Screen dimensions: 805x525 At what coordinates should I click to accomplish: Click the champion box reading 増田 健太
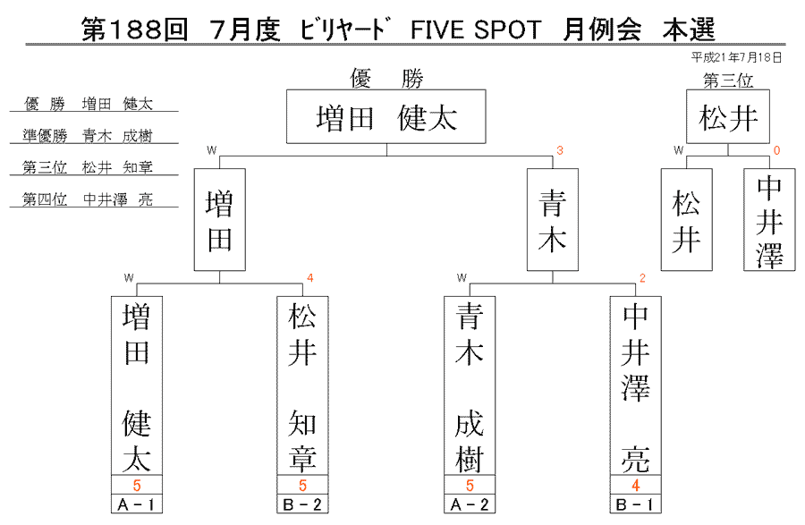click(x=386, y=116)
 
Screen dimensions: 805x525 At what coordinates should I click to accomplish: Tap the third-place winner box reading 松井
click(x=728, y=116)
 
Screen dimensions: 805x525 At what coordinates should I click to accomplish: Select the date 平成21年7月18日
click(x=737, y=57)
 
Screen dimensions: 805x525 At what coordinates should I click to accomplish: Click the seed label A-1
click(x=137, y=504)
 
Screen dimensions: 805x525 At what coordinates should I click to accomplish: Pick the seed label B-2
click(x=302, y=504)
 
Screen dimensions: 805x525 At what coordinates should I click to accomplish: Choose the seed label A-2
click(x=470, y=504)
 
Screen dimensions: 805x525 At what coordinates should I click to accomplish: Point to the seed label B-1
click(x=636, y=504)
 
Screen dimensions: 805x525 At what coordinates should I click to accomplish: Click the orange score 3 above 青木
click(x=560, y=150)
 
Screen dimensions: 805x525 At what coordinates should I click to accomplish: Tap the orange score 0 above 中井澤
click(x=776, y=150)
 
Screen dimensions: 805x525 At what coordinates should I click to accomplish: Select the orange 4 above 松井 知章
click(x=310, y=278)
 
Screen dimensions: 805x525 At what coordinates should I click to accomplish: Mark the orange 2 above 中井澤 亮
click(x=642, y=278)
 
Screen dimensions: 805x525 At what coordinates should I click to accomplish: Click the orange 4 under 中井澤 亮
click(x=636, y=485)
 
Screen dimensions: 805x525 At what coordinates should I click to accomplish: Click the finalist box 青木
click(x=553, y=220)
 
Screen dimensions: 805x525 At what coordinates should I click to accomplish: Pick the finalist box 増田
click(x=220, y=220)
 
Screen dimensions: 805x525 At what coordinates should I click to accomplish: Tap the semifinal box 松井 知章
click(x=302, y=385)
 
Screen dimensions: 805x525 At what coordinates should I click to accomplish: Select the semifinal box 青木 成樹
click(x=470, y=385)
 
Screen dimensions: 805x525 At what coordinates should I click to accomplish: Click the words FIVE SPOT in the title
click(x=476, y=30)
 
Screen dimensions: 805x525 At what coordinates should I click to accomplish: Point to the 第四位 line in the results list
click(x=88, y=199)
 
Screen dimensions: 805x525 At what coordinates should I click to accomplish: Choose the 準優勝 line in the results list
click(x=88, y=136)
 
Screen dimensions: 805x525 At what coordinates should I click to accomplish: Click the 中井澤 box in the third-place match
click(x=769, y=220)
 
